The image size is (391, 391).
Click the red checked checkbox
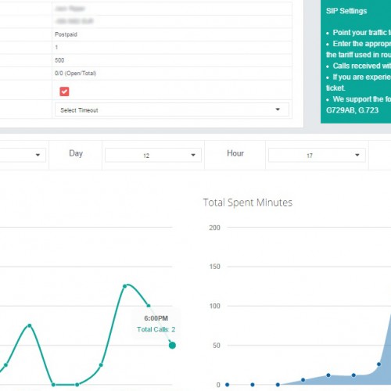[x=64, y=91]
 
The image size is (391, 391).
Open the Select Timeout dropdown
[x=171, y=110]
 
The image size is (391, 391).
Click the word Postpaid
[x=66, y=34]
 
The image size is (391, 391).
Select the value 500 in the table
[x=59, y=59]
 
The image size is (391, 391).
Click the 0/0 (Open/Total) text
[x=76, y=73]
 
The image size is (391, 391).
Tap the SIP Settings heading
[x=346, y=12]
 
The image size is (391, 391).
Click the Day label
[x=76, y=153]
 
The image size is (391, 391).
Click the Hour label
[x=235, y=153]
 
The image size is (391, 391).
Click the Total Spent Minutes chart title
[x=247, y=203]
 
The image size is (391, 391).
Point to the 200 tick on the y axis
[x=214, y=228]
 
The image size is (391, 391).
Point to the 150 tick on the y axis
[x=214, y=267]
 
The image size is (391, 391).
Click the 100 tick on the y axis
[x=214, y=306]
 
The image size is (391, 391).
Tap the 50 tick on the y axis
[x=216, y=345]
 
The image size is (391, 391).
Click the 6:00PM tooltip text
[x=156, y=318]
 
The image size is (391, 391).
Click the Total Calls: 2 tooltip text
[x=156, y=329]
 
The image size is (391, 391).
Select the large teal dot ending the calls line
[x=172, y=345]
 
